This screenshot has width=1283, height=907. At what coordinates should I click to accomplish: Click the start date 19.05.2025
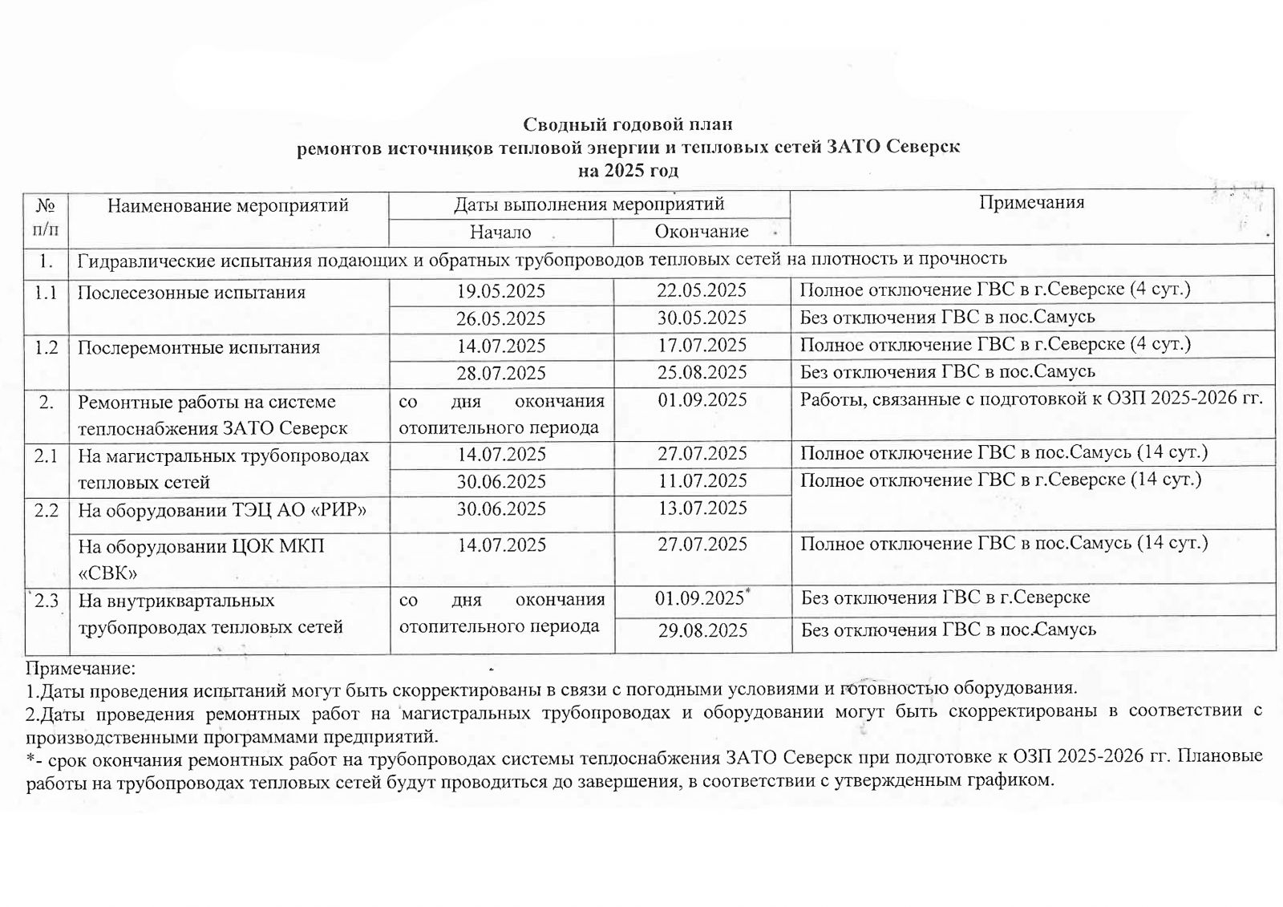(x=500, y=290)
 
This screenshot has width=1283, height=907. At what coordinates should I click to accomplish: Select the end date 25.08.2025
(x=702, y=372)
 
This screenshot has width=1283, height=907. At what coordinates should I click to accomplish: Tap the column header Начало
(x=500, y=232)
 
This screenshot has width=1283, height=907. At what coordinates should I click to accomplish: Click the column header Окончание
(x=702, y=232)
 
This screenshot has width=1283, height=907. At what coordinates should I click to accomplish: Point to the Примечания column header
(x=1031, y=202)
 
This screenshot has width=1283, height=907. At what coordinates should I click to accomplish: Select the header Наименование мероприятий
(x=228, y=205)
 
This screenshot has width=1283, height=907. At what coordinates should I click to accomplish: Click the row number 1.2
(x=47, y=347)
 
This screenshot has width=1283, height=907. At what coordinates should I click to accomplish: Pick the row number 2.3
(x=47, y=601)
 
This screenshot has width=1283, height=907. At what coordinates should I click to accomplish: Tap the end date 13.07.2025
(x=702, y=508)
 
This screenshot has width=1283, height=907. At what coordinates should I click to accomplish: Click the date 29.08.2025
(x=702, y=630)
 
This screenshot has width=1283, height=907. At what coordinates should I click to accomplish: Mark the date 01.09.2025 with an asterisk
(x=702, y=598)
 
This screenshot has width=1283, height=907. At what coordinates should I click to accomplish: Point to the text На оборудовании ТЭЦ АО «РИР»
(x=221, y=509)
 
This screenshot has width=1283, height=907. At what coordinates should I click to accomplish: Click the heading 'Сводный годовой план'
(x=628, y=124)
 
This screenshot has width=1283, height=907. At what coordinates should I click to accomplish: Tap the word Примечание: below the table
(x=80, y=668)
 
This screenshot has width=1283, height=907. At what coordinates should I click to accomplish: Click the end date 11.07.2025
(x=702, y=481)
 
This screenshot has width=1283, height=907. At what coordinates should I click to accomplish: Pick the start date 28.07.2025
(x=500, y=373)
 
